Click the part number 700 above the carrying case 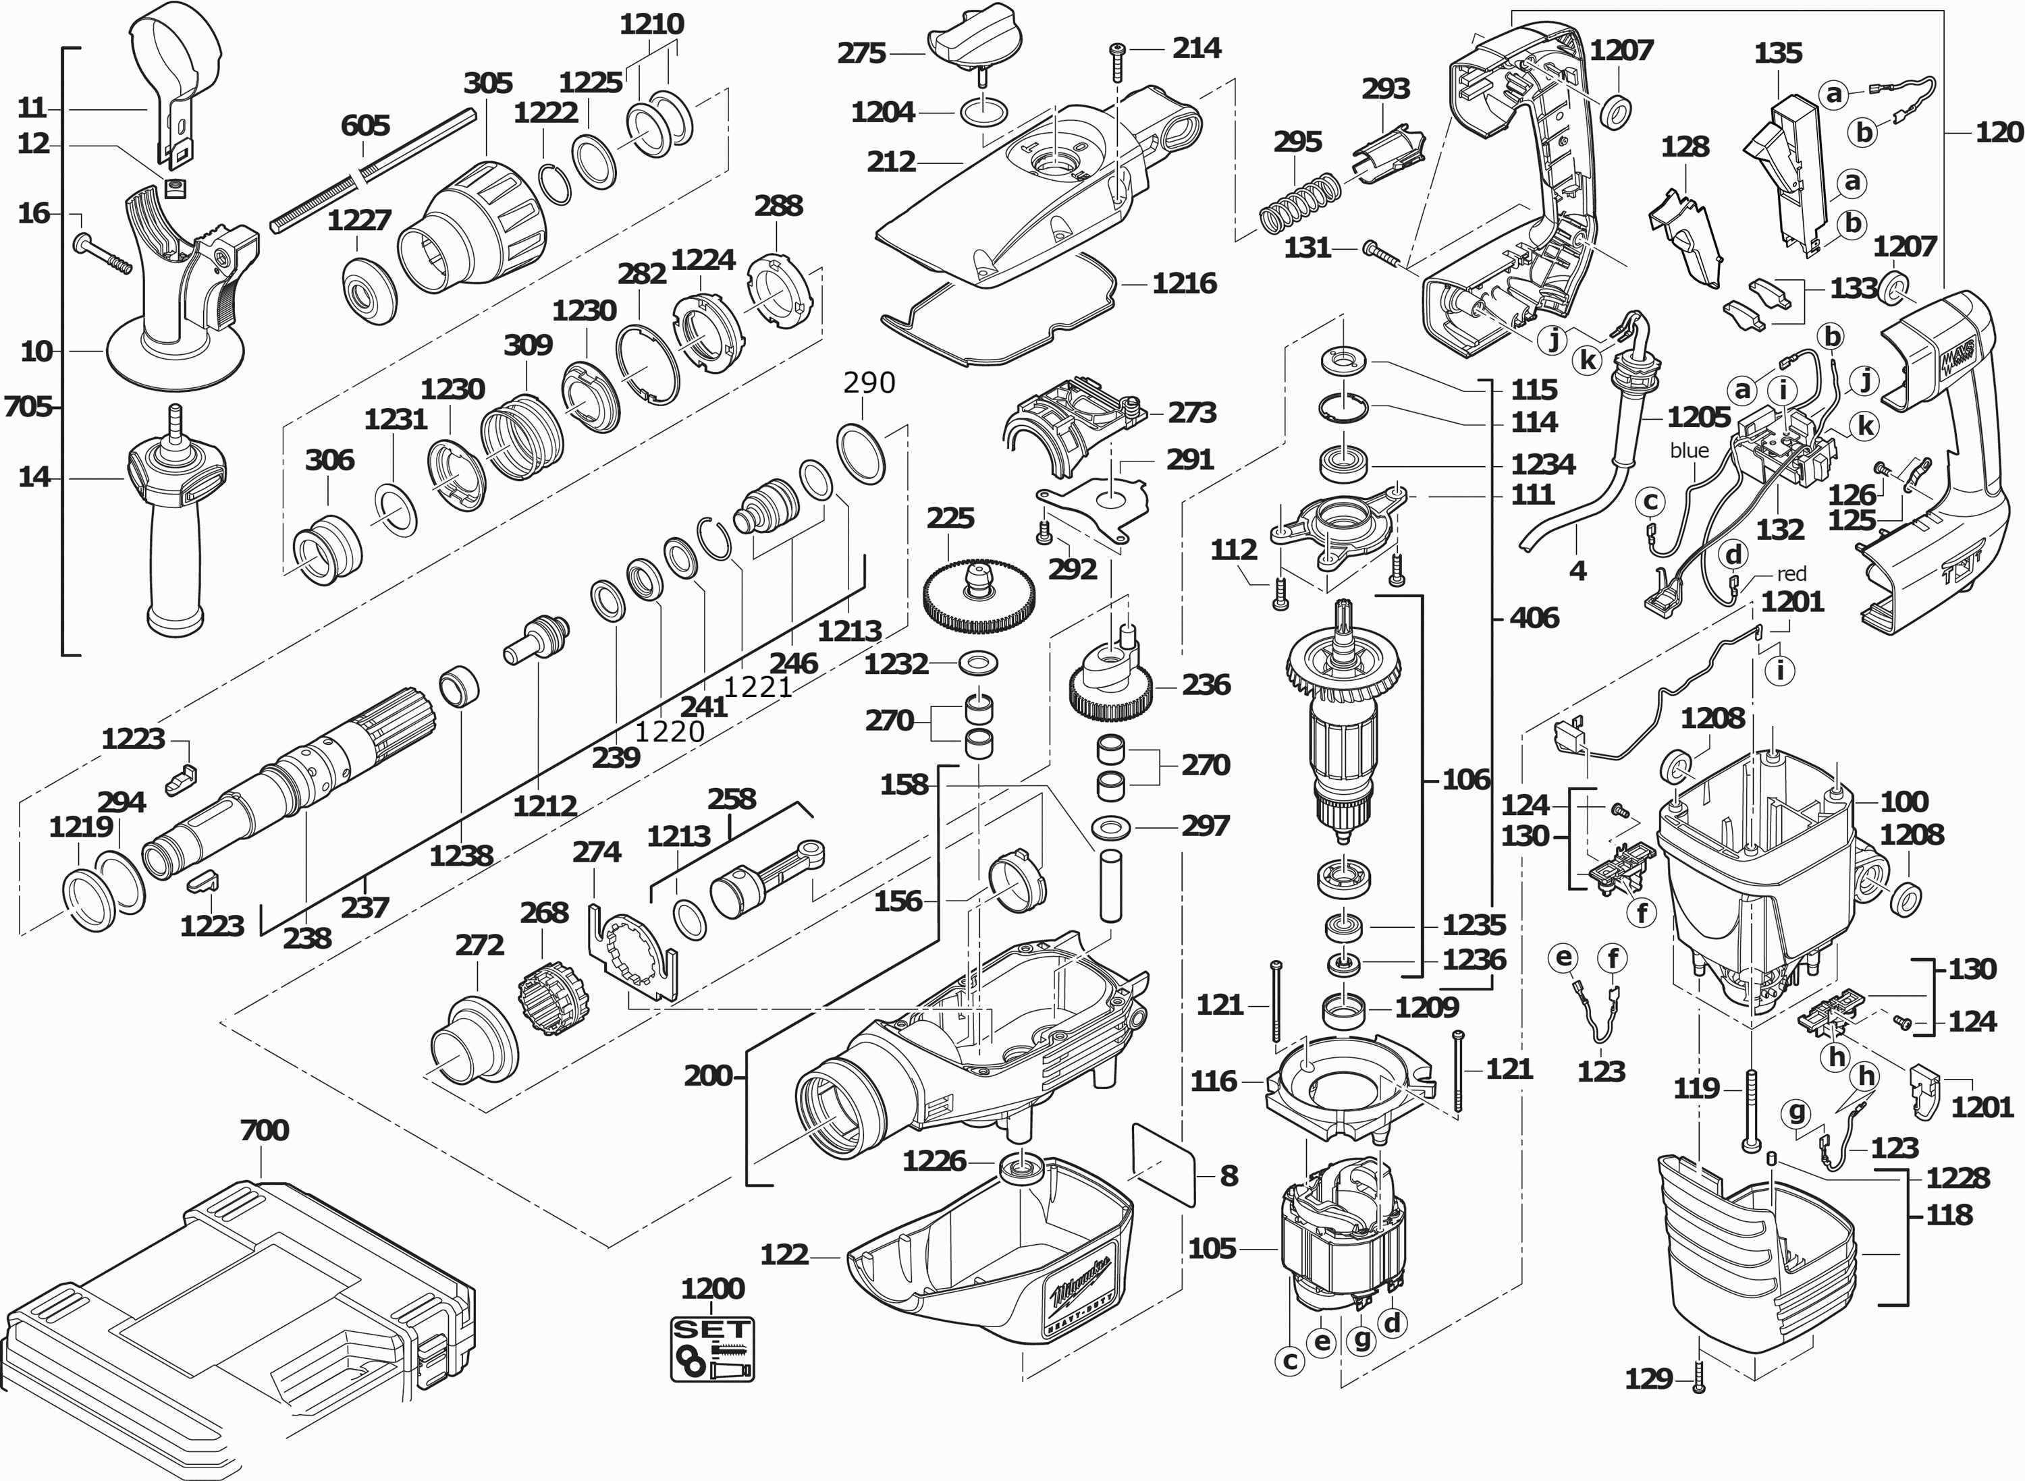coord(265,1130)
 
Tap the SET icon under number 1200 coord(713,1347)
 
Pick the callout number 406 coord(1534,617)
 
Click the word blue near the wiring coord(1689,450)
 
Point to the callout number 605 coord(365,125)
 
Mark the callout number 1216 coord(1184,284)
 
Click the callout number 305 coord(488,84)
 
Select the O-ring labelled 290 coord(861,455)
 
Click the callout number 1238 coord(461,856)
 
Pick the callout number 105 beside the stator coord(1212,1249)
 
